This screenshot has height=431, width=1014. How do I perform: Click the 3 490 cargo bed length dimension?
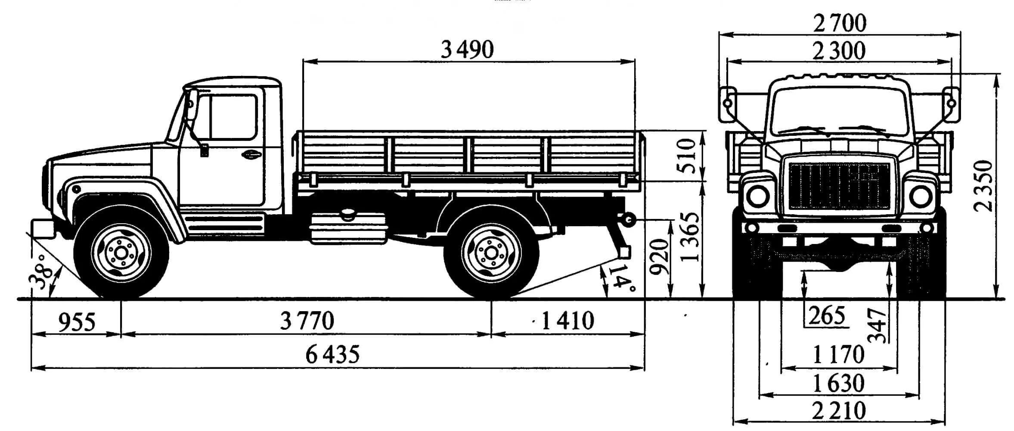(x=467, y=50)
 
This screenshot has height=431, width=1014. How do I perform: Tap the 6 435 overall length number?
(x=332, y=355)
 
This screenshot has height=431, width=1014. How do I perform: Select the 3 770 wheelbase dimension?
(x=307, y=321)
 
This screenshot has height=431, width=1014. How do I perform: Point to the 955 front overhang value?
(x=77, y=322)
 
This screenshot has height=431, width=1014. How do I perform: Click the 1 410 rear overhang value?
(x=567, y=321)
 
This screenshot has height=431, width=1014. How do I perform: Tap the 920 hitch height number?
(x=659, y=257)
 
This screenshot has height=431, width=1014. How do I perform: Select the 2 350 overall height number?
(x=983, y=186)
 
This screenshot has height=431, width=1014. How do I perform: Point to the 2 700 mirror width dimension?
(x=839, y=23)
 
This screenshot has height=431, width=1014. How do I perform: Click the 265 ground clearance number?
(x=827, y=316)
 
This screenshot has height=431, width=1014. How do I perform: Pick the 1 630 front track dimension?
(x=838, y=383)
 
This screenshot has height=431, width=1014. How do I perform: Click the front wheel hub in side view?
(x=121, y=253)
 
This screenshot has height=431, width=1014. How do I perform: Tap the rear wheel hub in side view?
(x=491, y=253)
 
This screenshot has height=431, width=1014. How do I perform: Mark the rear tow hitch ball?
(x=627, y=221)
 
